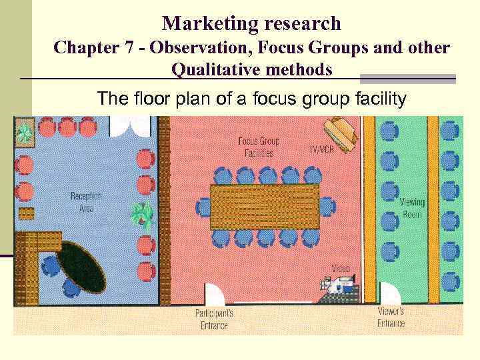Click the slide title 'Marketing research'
tap(251, 24)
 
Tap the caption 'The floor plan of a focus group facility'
tap(251, 100)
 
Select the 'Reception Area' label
tap(86, 202)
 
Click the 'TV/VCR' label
tap(321, 150)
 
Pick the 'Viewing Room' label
tap(411, 208)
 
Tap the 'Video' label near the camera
tap(340, 269)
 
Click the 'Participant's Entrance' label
tap(214, 319)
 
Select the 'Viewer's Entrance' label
tap(391, 317)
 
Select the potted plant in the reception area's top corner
tap(25, 133)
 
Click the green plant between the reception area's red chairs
tap(142, 215)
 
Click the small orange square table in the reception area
tap(26, 213)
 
